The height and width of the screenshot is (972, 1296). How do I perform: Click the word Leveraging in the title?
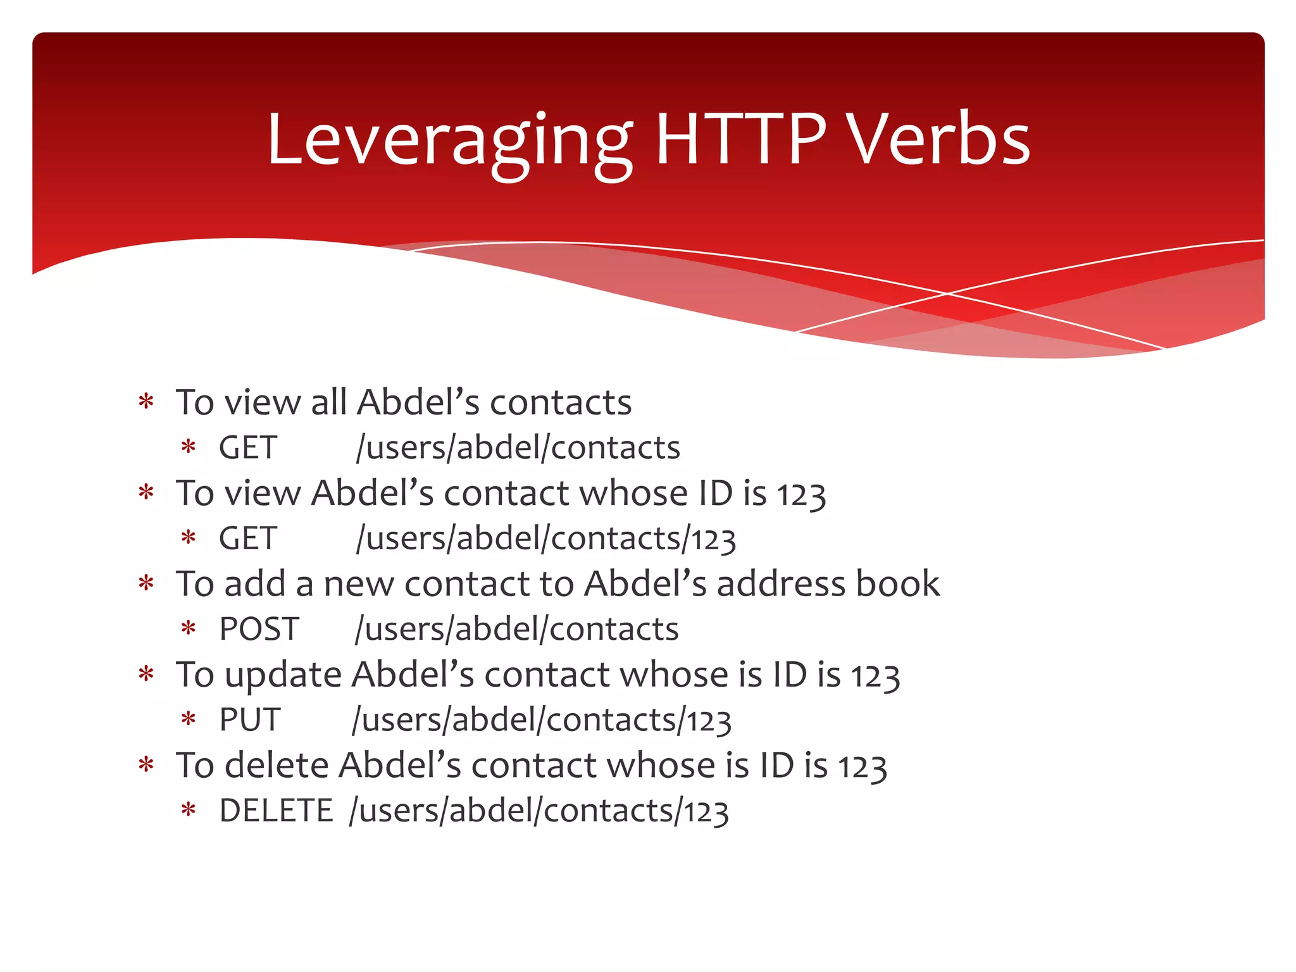(x=449, y=140)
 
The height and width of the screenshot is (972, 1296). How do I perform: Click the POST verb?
(x=259, y=629)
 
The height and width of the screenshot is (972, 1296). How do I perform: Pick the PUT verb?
(x=249, y=720)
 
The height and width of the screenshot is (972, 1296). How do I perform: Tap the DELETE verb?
(x=276, y=811)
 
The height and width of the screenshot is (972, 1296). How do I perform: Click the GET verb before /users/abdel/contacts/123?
(x=247, y=539)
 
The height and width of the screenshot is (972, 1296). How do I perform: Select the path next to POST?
(x=516, y=629)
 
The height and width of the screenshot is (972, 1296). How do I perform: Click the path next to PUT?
(x=542, y=720)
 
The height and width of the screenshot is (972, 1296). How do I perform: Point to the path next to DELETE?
(x=539, y=811)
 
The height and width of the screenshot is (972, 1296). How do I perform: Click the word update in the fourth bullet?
(x=283, y=675)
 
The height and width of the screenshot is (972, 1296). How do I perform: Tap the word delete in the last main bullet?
(x=277, y=765)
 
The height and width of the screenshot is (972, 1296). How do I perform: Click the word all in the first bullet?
(x=328, y=402)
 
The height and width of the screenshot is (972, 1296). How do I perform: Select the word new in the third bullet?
(x=359, y=585)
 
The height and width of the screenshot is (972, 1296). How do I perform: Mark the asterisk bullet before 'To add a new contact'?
(x=146, y=583)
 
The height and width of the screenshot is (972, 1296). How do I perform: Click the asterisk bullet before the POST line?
(x=188, y=630)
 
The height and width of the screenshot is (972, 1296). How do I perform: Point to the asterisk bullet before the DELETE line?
(x=188, y=811)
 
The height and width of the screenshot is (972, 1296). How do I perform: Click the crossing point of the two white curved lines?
(x=947, y=294)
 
